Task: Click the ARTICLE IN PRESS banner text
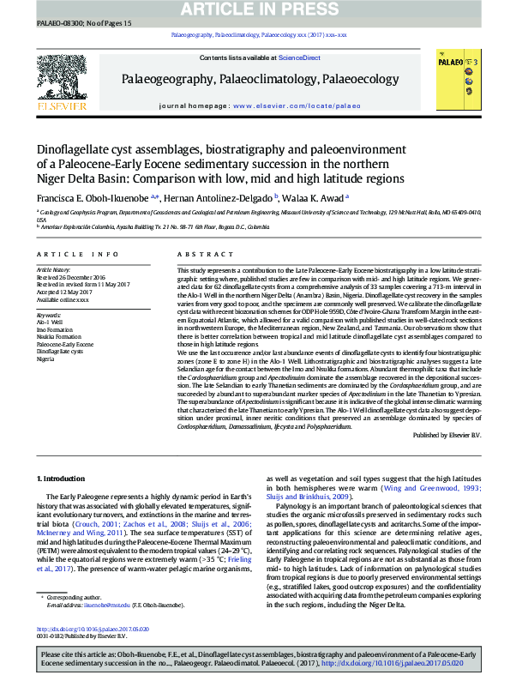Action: [x=255, y=9]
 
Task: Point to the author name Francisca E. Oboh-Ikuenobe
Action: [x=91, y=196]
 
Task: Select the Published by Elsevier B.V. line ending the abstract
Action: [x=447, y=435]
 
